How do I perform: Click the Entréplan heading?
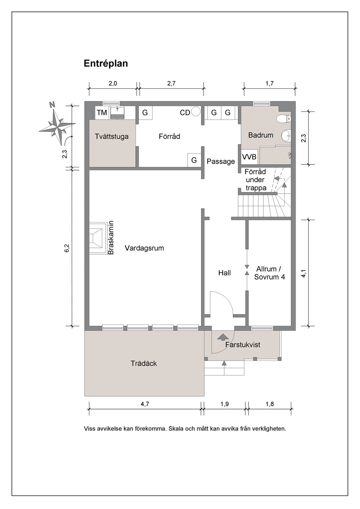click(x=106, y=63)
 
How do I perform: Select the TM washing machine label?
click(x=102, y=112)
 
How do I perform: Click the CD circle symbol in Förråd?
click(x=196, y=112)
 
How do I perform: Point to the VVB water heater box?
click(x=249, y=157)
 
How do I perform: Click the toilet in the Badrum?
click(x=284, y=118)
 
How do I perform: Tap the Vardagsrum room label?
click(x=144, y=248)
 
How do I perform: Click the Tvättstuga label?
click(x=111, y=136)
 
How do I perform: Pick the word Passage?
click(x=221, y=161)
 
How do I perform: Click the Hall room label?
click(x=225, y=273)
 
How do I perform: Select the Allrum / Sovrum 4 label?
click(x=270, y=273)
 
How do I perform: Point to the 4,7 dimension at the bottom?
click(x=145, y=404)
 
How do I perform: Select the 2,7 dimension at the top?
click(x=171, y=83)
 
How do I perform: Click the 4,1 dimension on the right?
click(x=304, y=273)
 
